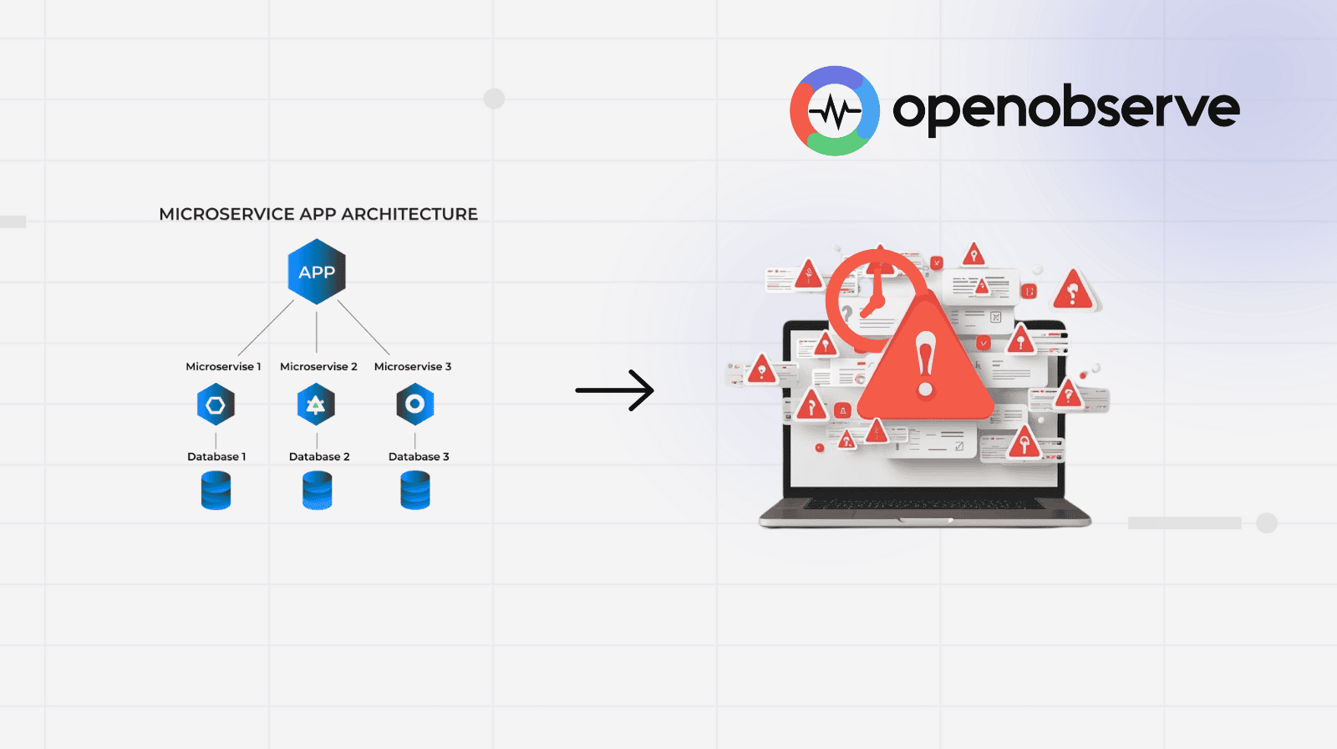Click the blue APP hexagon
317,272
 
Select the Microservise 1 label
223,366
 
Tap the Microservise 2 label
318,366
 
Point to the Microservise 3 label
413,366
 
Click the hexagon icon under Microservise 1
216,405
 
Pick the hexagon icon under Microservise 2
316,405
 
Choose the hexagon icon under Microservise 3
415,405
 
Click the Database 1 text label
216,456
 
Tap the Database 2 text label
319,456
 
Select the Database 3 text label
419,456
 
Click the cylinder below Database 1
216,491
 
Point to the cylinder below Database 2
317,491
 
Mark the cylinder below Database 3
415,491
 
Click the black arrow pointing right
615,390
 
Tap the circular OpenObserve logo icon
835,111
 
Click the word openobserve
1065,109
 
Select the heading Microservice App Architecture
318,214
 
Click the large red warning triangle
925,368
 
